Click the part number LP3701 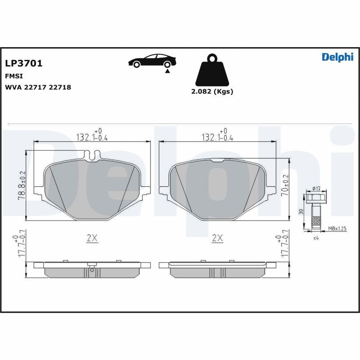tap(24, 63)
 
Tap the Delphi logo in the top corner tap(337, 57)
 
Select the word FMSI tap(14, 76)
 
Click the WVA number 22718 tap(60, 87)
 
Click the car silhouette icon tap(152, 61)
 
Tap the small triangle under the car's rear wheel tap(167, 71)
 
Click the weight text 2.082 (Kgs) tap(212, 91)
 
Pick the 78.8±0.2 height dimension tap(22, 185)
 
